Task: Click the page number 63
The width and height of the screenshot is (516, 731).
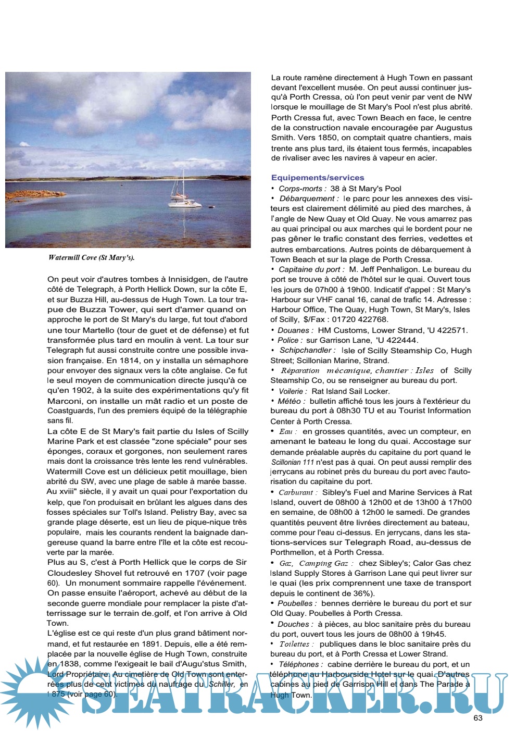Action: click(x=478, y=717)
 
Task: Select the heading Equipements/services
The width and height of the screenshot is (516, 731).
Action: click(x=318, y=178)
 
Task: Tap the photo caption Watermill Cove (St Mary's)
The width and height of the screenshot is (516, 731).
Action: click(x=92, y=257)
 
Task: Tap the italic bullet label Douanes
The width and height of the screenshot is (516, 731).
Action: click(x=295, y=330)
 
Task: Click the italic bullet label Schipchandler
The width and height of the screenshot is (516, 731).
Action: click(x=307, y=351)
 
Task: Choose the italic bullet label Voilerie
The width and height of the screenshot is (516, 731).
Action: click(x=292, y=391)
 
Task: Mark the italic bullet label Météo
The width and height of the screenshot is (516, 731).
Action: click(x=290, y=401)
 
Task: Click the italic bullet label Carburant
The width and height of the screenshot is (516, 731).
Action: click(x=296, y=492)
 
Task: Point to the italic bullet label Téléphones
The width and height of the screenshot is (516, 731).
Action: click(x=300, y=664)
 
